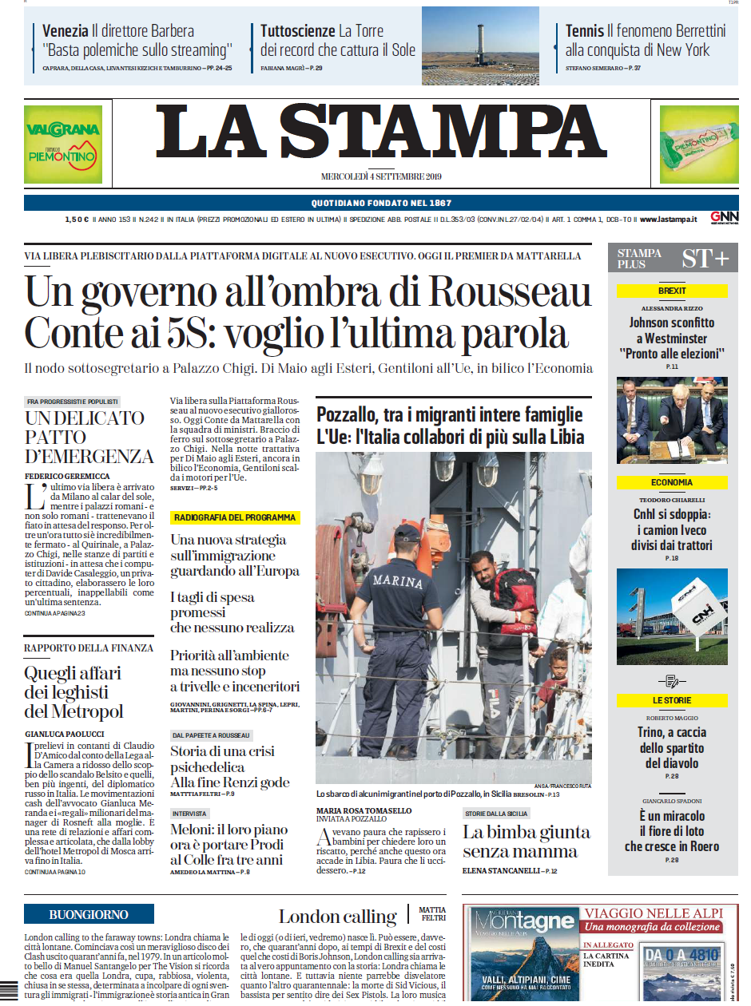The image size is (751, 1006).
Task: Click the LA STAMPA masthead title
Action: tap(380, 133)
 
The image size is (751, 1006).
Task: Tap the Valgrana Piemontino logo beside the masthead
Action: tap(63, 144)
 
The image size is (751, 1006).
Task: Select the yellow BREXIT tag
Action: tap(672, 291)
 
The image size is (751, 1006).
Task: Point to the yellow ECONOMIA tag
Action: tap(672, 483)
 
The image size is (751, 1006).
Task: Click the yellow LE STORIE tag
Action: tap(672, 700)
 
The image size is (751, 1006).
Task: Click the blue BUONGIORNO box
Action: tap(89, 915)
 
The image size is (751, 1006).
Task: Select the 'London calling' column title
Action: tap(337, 916)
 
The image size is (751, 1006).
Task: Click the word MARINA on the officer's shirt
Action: tap(397, 582)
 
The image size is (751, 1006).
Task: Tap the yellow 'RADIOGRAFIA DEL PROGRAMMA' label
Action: tap(235, 517)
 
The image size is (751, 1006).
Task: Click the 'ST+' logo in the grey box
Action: tap(705, 259)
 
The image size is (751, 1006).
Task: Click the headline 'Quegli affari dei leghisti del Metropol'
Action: tap(74, 692)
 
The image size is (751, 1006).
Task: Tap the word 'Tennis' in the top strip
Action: tap(584, 31)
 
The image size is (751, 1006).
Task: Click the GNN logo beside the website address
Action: tap(724, 218)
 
